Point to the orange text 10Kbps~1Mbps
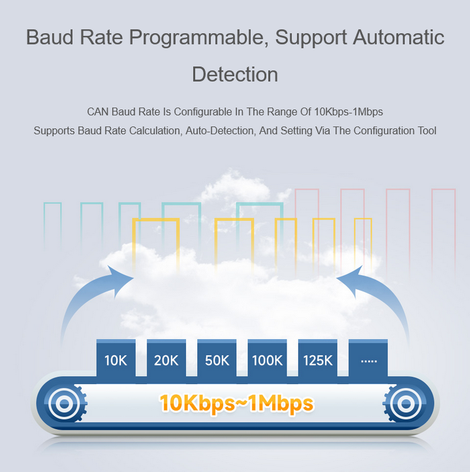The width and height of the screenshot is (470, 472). [x=236, y=404]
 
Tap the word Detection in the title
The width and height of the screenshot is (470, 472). [x=235, y=74]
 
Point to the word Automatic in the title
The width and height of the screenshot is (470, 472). [x=399, y=37]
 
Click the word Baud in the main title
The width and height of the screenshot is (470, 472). [x=50, y=37]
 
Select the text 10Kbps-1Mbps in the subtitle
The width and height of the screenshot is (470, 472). [x=349, y=112]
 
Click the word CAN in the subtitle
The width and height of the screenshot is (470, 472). [x=98, y=111]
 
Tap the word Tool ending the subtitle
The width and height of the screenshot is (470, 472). [x=427, y=130]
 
